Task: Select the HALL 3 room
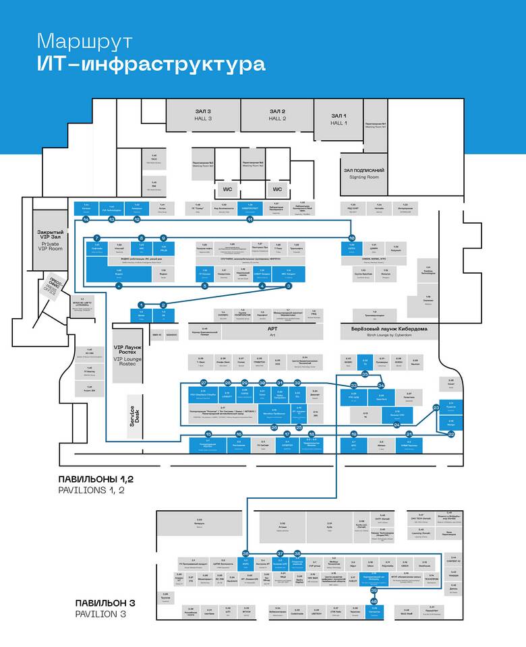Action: pyautogui.click(x=202, y=115)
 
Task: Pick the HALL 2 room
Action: pyautogui.click(x=277, y=115)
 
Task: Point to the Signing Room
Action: pyautogui.click(x=364, y=174)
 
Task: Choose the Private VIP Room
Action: pyautogui.click(x=51, y=240)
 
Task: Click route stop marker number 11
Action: pyautogui.click(x=250, y=220)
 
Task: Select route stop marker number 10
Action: pyautogui.click(x=351, y=238)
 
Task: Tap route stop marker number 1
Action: pyautogui.click(x=142, y=305)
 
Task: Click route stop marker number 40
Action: pyautogui.click(x=374, y=600)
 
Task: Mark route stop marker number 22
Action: pyautogui.click(x=451, y=434)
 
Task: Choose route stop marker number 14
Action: pyautogui.click(x=86, y=220)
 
